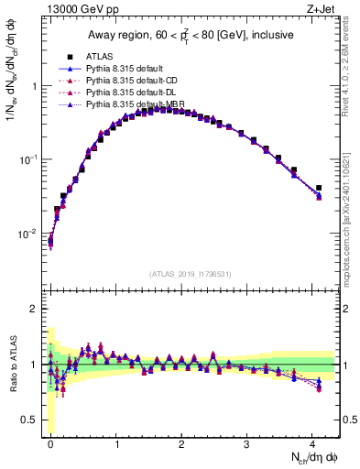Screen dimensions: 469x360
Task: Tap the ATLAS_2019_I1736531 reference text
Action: [x=191, y=274]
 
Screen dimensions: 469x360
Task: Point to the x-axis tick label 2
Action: [x=181, y=442]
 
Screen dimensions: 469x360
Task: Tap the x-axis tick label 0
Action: [x=50, y=442]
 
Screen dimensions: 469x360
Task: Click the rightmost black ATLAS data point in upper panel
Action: [x=319, y=188]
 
